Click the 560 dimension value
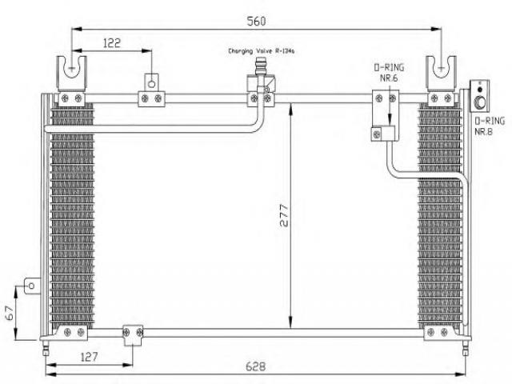coord(256,22)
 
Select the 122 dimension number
coord(112,42)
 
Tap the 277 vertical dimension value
coord(285,215)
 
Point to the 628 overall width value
coord(255,366)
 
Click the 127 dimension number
coord(89,357)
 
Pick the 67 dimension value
coord(10,313)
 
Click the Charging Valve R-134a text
coord(262,51)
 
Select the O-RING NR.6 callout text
coord(389,73)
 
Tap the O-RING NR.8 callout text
coord(490,126)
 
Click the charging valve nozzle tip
coord(261,60)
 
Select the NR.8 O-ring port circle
coord(480,102)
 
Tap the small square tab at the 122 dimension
coord(151,82)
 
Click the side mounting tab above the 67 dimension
coord(33,286)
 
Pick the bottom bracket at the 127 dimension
coord(133,335)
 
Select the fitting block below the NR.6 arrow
coord(385,134)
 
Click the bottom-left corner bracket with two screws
coord(72,333)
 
